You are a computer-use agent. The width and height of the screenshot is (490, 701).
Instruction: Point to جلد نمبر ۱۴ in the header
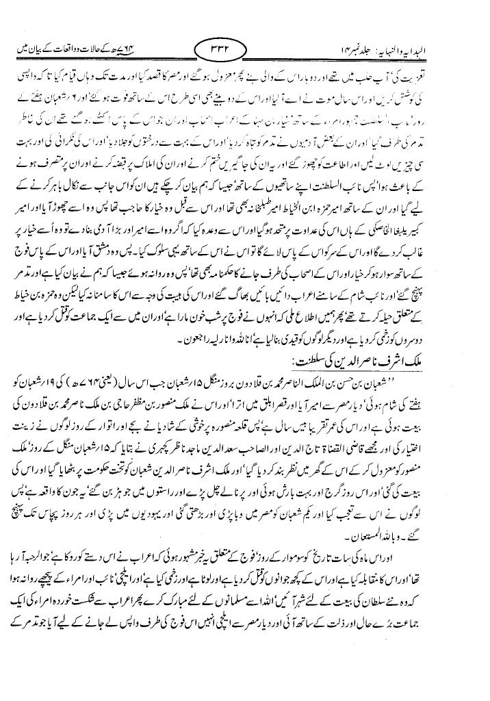point(376,51)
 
